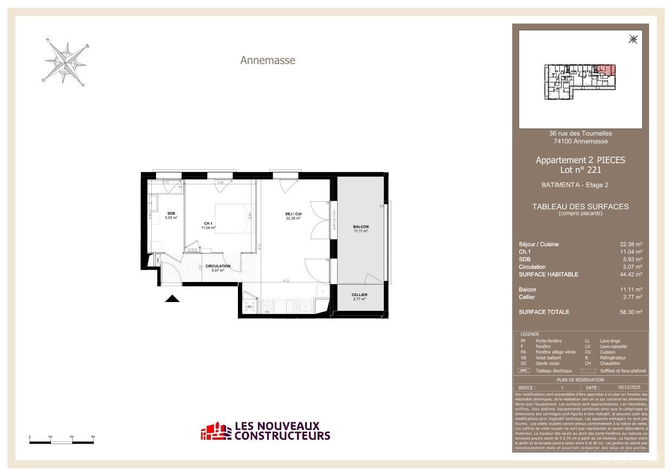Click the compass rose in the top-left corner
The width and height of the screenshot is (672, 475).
pyautogui.click(x=66, y=63)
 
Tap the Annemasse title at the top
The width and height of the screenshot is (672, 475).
pyautogui.click(x=268, y=61)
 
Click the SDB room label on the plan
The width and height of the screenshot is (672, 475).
pyautogui.click(x=171, y=213)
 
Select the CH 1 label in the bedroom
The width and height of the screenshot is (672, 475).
pyautogui.click(x=208, y=223)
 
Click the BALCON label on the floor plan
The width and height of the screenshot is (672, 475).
pyautogui.click(x=361, y=227)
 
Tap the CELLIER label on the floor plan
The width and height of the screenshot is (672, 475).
pyautogui.click(x=360, y=295)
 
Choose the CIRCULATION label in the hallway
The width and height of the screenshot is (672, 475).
pyautogui.click(x=218, y=266)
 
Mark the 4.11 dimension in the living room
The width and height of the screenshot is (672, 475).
pyautogui.click(x=286, y=281)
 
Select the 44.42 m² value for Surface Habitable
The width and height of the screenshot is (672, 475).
pyautogui.click(x=631, y=274)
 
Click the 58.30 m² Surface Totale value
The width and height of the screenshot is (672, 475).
pyautogui.click(x=631, y=312)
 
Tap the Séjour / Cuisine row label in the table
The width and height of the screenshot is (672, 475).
pyautogui.click(x=538, y=245)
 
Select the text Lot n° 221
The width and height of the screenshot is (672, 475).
pyautogui.click(x=580, y=170)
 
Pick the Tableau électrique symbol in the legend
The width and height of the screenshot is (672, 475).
pyautogui.click(x=524, y=371)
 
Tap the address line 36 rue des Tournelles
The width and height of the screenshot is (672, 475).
pyautogui.click(x=580, y=133)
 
